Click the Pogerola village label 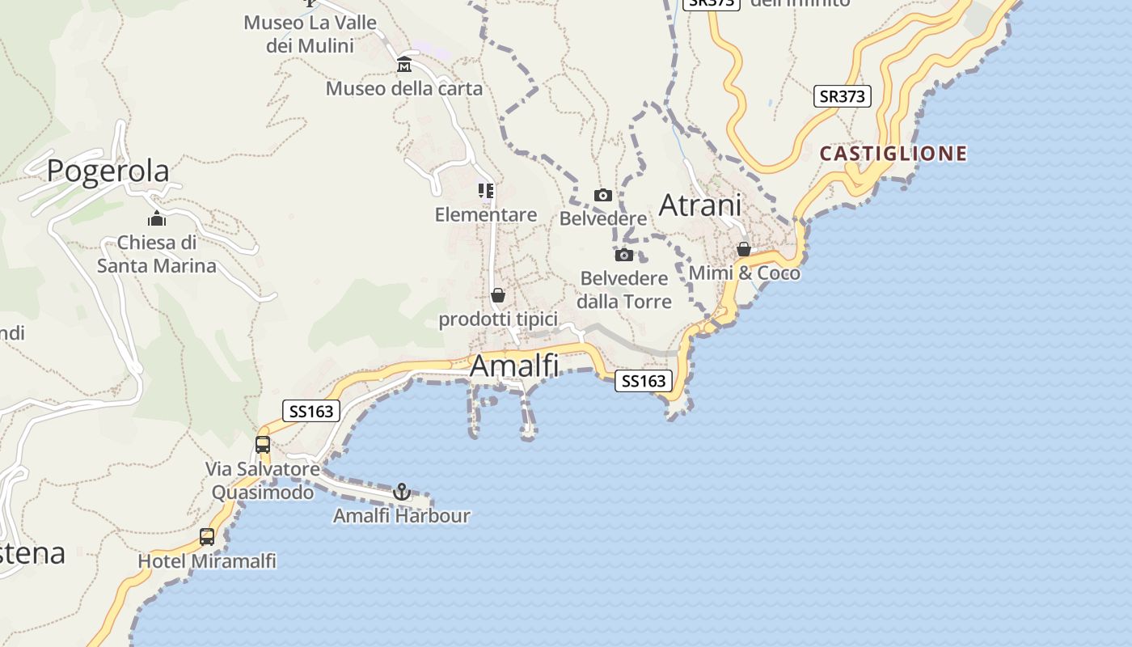pos(108,171)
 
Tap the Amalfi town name pos(514,366)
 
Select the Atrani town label pos(700,205)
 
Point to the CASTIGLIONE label pos(893,154)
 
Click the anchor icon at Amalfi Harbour pos(401,491)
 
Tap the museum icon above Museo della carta pos(404,65)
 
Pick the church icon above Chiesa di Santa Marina pos(157,218)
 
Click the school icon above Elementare pos(485,191)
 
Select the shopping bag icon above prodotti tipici pos(498,295)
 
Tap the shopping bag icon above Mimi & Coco pos(744,249)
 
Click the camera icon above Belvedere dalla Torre pos(624,255)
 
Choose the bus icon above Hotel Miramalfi pos(207,536)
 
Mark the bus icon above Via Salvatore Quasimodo pos(263,444)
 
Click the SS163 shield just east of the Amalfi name pos(644,381)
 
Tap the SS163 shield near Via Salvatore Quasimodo pos(311,411)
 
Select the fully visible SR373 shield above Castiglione pos(842,96)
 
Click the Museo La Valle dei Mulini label pos(310,34)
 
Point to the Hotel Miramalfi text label pos(207,560)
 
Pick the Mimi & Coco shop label pos(744,273)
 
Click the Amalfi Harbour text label pos(402,515)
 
